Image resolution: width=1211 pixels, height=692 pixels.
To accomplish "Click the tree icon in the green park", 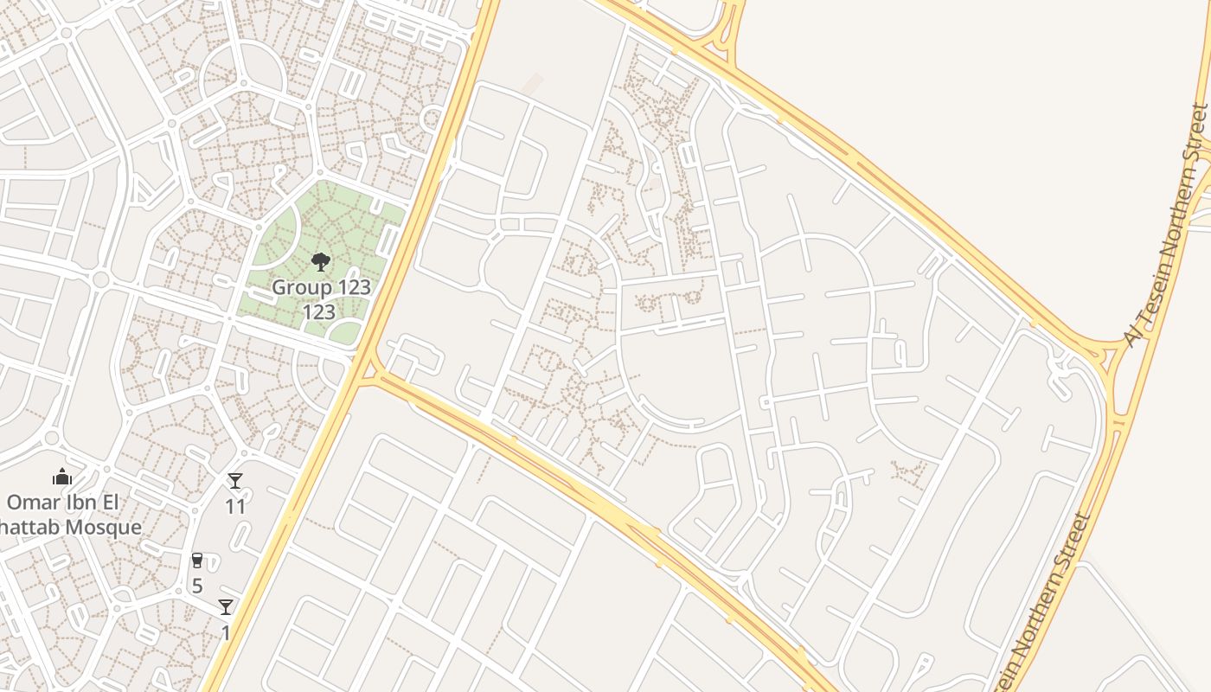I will coord(320,261).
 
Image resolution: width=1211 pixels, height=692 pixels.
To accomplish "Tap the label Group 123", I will coord(321,287).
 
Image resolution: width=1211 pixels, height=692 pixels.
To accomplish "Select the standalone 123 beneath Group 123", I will coord(319,312).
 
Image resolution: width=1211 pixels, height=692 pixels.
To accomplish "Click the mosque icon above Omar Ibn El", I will coord(61,477).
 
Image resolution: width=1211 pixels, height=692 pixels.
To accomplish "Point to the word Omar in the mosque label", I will coord(34,503).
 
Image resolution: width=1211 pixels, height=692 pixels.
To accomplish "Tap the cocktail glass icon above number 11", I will coord(234,481).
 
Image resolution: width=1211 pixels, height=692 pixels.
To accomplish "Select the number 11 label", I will coord(235,507).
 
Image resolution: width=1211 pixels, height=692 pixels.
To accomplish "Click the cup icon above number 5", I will coord(197,561).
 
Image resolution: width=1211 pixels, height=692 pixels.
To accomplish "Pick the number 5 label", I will coord(197,586).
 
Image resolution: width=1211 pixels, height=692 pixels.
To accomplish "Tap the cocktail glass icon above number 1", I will coord(226,607).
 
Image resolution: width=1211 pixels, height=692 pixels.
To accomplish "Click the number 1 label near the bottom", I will coord(226,633).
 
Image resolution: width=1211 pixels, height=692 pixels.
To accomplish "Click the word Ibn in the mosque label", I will coord(90,503).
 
